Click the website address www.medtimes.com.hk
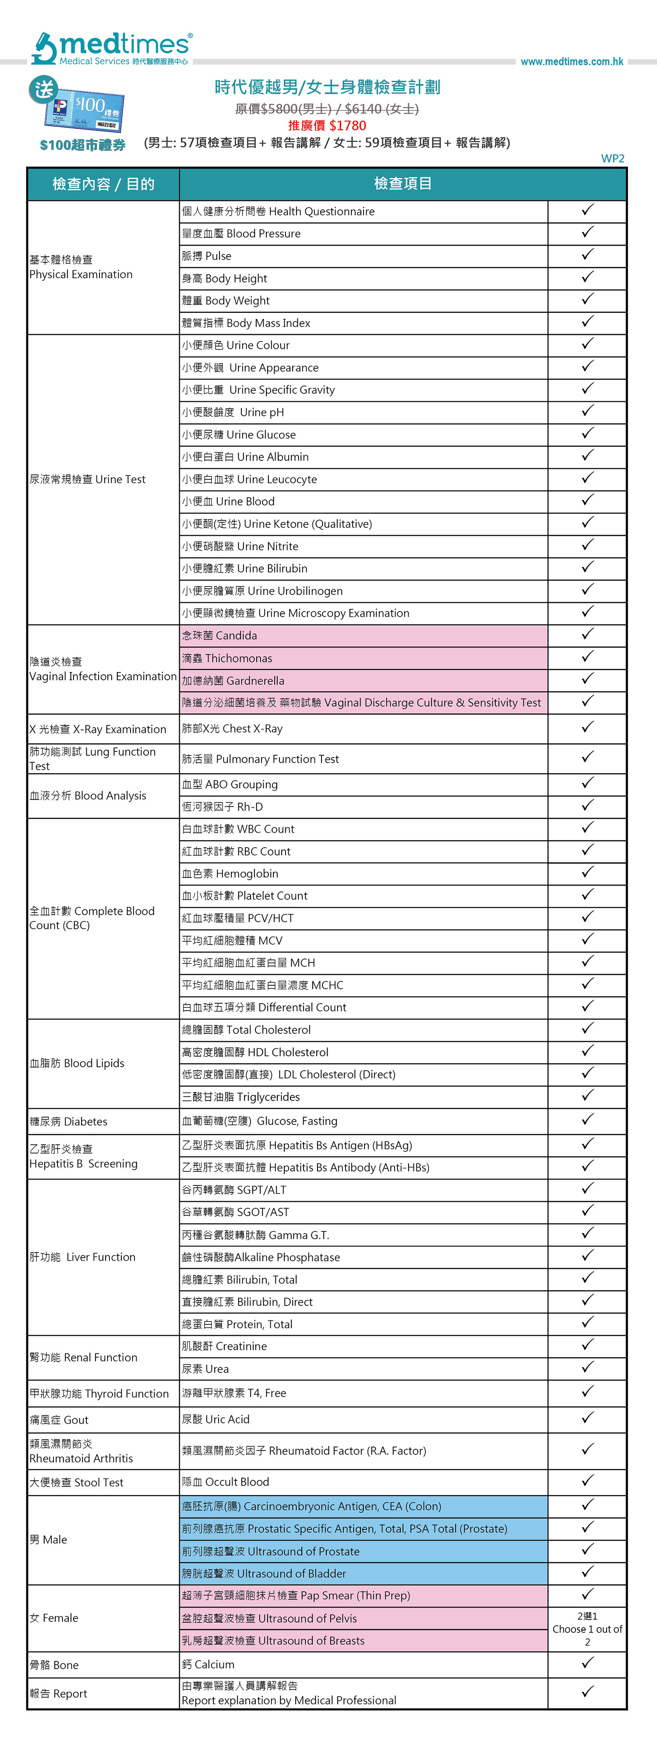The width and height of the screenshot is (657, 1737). click(572, 61)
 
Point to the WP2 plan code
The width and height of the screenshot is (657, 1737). click(612, 159)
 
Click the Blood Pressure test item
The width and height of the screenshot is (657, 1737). click(241, 234)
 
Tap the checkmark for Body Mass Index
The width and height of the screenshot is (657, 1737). click(587, 322)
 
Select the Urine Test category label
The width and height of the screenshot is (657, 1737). click(88, 479)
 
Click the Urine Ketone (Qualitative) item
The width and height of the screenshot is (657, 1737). click(277, 524)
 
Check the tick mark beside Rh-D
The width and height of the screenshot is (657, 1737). click(587, 806)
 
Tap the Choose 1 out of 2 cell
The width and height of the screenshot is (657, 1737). click(587, 1629)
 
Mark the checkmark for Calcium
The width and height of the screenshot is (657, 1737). click(587, 1663)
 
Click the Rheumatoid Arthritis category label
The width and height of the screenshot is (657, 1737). click(81, 1451)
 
